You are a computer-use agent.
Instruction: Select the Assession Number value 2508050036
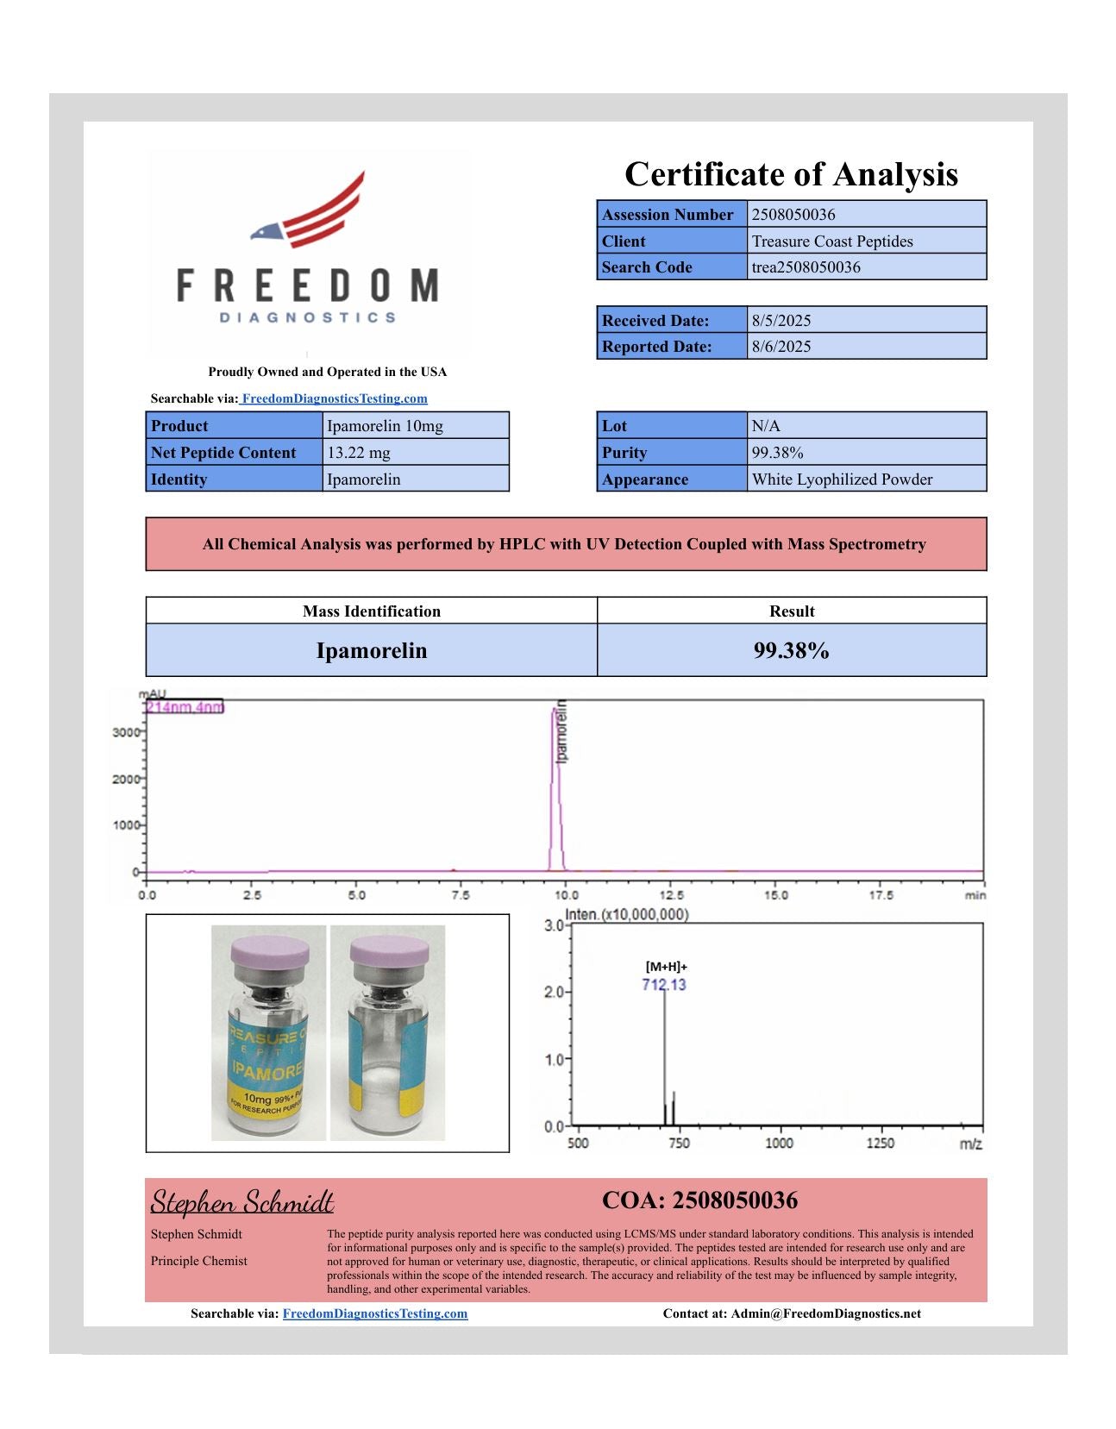pyautogui.click(x=793, y=215)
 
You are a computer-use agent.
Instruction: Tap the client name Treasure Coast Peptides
pyautogui.click(x=831, y=241)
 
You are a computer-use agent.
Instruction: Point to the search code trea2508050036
pyautogui.click(x=806, y=267)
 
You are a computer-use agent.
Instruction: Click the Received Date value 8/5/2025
pyautogui.click(x=781, y=321)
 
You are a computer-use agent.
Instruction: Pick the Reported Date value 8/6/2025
pyautogui.click(x=781, y=347)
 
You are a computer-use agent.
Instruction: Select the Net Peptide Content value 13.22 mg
pyautogui.click(x=358, y=453)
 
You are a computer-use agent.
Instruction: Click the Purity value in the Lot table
pyautogui.click(x=777, y=453)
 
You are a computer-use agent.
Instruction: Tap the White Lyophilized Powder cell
pyautogui.click(x=842, y=479)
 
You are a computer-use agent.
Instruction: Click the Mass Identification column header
pyautogui.click(x=371, y=611)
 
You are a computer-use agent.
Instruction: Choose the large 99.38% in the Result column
pyautogui.click(x=791, y=650)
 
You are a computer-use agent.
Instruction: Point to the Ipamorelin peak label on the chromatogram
pyautogui.click(x=562, y=731)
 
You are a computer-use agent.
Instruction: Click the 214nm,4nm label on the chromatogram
pyautogui.click(x=185, y=707)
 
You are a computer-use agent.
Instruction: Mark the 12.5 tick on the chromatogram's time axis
pyautogui.click(x=671, y=895)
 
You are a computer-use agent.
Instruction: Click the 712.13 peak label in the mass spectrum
pyautogui.click(x=664, y=985)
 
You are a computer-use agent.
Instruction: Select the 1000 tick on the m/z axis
pyautogui.click(x=779, y=1143)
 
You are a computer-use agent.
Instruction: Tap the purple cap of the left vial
pyautogui.click(x=269, y=953)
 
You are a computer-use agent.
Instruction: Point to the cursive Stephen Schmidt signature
pyautogui.click(x=242, y=1201)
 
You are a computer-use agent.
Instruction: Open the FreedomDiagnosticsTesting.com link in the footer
pyautogui.click(x=375, y=1313)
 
